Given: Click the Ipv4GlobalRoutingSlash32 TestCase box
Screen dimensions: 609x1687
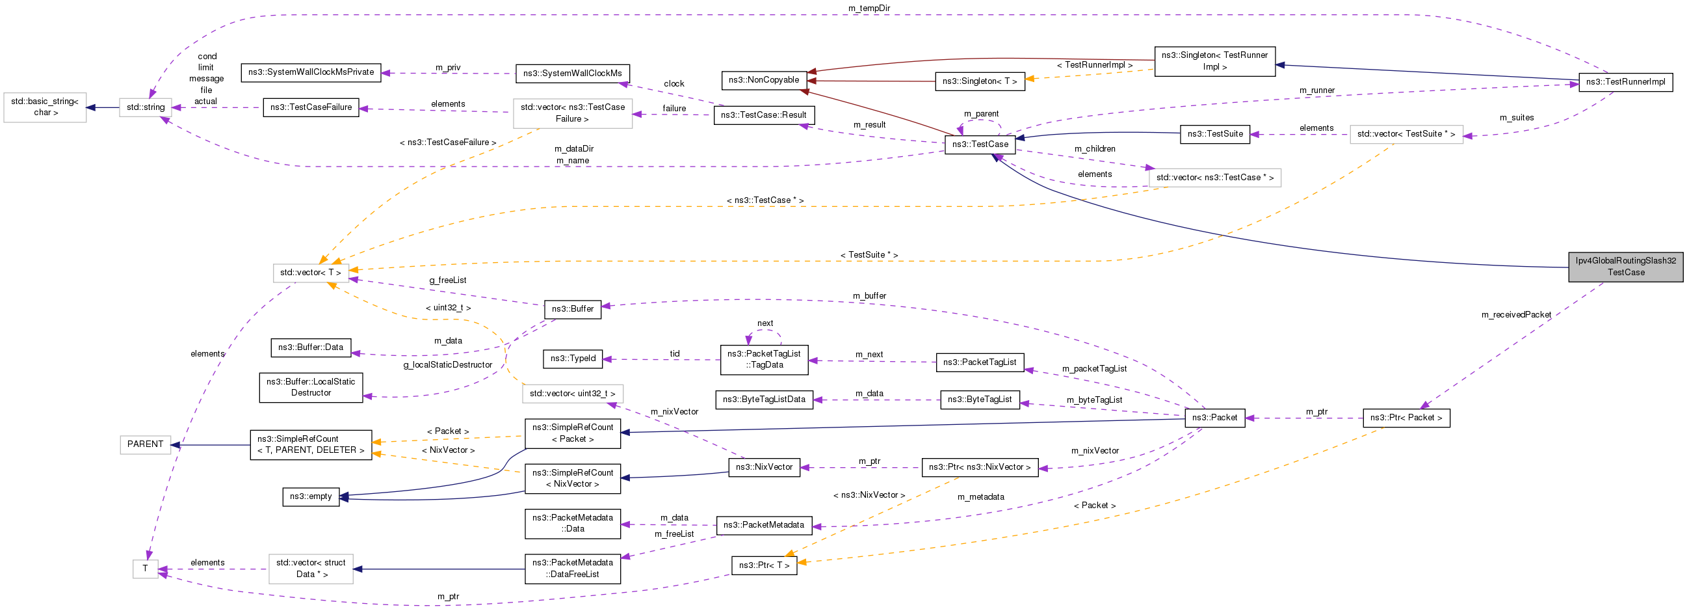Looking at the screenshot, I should coord(1625,267).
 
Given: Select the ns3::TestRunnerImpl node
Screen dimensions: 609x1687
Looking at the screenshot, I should coord(1625,82).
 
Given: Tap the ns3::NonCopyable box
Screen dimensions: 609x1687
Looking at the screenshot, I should coord(764,80).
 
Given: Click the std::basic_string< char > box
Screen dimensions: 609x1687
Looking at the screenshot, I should coord(46,107).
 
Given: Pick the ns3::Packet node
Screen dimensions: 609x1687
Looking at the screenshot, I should coord(1214,418).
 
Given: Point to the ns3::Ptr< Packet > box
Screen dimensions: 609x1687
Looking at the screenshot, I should coord(1406,418).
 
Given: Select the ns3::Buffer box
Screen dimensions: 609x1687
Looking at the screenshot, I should coord(572,309).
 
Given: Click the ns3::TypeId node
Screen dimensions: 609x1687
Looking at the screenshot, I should coord(573,359).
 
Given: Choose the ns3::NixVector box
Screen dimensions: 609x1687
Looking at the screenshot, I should coord(764,467).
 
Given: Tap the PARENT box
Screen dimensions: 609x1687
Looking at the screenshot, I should coord(145,444).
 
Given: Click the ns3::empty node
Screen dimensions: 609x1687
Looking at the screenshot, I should coord(310,496).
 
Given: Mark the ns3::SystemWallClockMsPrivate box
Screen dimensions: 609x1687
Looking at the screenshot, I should coord(311,72).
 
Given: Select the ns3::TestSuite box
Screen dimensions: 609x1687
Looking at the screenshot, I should coord(1215,134).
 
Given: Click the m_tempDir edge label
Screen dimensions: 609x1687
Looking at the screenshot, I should coord(869,8).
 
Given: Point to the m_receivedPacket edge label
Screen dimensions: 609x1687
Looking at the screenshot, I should coord(1515,315).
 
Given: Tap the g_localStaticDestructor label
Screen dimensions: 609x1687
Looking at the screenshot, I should coord(447,364).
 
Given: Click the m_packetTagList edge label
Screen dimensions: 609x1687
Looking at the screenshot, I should coord(1093,368).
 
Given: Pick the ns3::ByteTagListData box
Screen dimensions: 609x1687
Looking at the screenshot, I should coord(764,399).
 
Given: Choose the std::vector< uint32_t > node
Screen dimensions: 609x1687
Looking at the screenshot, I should coord(572,394).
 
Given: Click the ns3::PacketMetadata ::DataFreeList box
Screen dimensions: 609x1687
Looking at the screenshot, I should coord(572,569).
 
